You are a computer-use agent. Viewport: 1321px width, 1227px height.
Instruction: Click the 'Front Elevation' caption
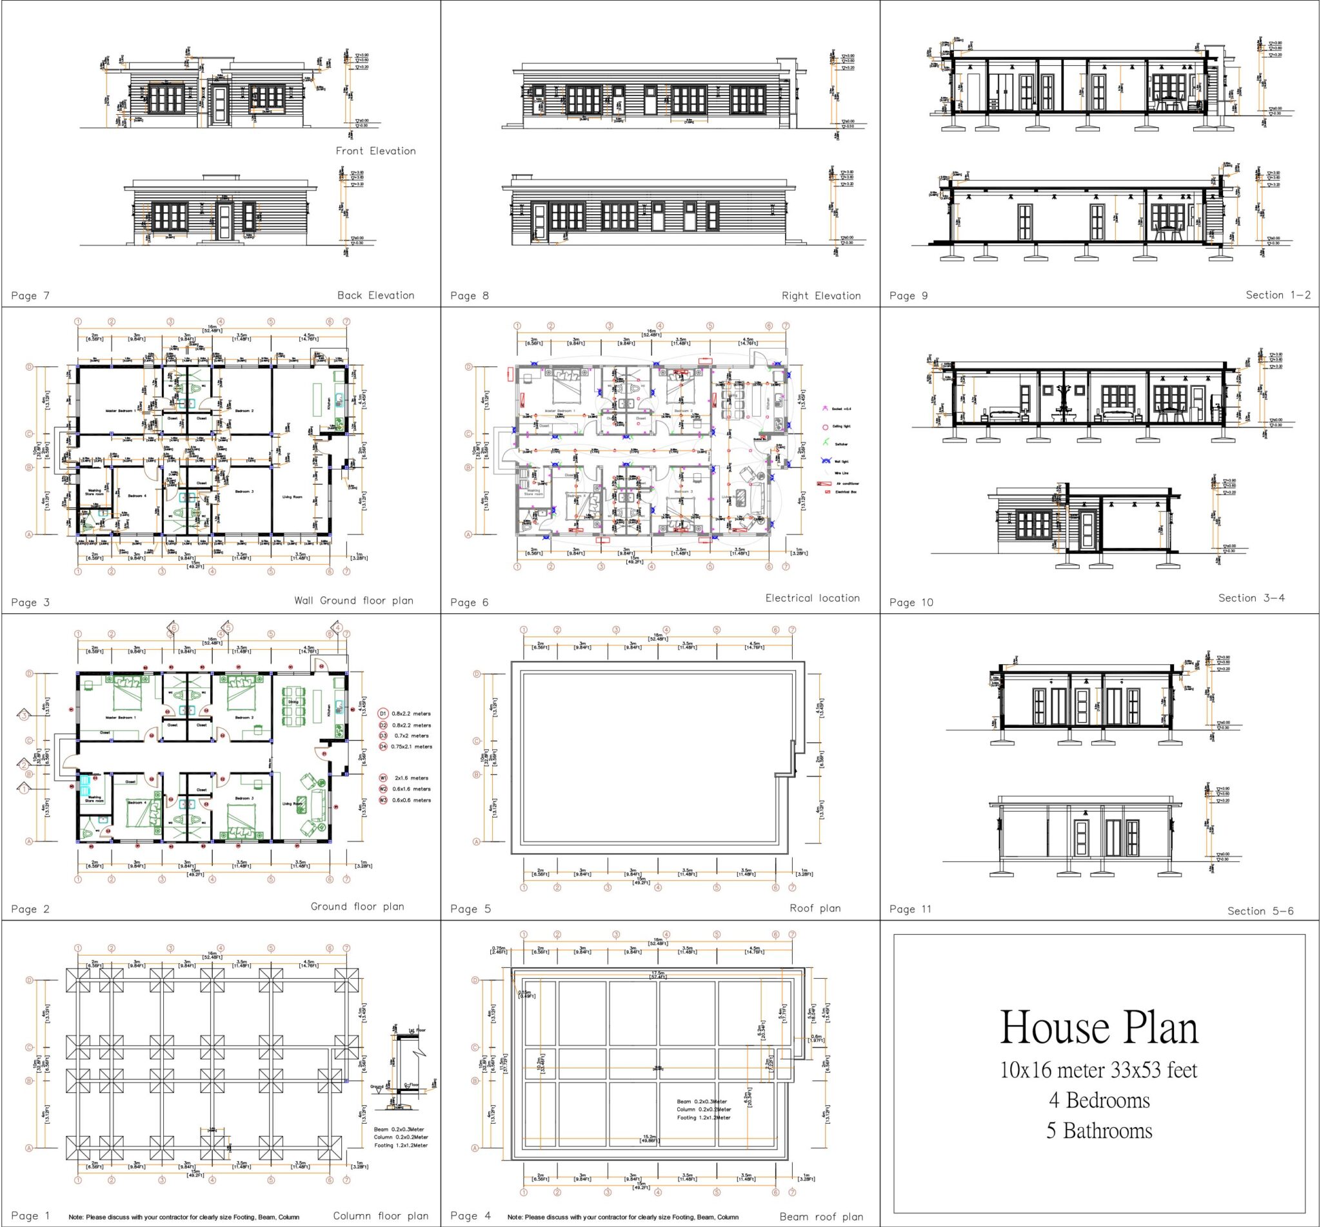click(375, 151)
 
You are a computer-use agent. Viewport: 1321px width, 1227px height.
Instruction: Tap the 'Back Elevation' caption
click(375, 295)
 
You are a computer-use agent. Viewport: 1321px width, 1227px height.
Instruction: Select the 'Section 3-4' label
click(1251, 598)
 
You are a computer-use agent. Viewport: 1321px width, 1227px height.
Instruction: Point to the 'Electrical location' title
click(811, 598)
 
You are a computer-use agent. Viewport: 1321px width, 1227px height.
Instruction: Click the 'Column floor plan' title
click(380, 1215)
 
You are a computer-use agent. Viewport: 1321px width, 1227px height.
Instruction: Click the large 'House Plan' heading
click(1098, 1028)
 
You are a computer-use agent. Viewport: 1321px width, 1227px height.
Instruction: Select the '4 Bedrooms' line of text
click(1098, 1101)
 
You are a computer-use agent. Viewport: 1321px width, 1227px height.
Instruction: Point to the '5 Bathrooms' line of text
click(1098, 1131)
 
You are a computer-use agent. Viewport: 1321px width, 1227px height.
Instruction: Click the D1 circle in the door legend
click(382, 714)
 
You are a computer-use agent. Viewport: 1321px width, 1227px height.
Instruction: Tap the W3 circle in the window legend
click(382, 800)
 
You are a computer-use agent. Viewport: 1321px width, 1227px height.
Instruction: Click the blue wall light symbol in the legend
click(826, 461)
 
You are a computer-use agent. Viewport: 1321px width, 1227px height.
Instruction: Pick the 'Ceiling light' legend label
click(841, 426)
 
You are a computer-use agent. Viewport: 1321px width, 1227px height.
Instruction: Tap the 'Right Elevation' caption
click(820, 295)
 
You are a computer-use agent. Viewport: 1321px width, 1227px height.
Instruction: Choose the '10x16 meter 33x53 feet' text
click(1098, 1070)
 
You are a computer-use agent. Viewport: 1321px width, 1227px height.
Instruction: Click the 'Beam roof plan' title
click(821, 1217)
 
